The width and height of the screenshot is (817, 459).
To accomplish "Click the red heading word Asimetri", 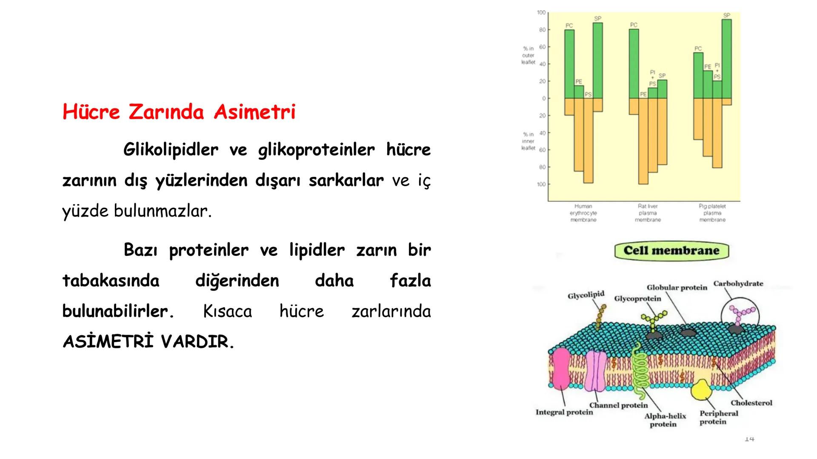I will [254, 112].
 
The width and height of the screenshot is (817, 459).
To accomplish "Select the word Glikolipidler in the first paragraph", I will [171, 150].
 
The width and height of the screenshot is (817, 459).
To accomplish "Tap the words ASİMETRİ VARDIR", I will [148, 342].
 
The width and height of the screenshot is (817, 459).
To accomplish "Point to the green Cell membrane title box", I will [671, 251].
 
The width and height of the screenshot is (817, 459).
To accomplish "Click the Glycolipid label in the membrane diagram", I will [586, 295].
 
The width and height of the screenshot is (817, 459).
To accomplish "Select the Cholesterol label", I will [751, 403].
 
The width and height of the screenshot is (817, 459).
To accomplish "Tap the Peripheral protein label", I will [718, 417].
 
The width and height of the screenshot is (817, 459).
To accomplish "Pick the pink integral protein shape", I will [560, 368].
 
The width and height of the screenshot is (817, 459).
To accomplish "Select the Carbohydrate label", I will [738, 283].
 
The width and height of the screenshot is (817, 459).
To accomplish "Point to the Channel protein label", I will [618, 405].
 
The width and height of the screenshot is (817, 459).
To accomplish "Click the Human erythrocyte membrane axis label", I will [583, 213].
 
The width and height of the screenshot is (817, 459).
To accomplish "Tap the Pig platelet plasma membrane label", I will [712, 213].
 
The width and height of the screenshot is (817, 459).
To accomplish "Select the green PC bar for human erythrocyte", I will [569, 64].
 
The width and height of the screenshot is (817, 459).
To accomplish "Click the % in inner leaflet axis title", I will [528, 141].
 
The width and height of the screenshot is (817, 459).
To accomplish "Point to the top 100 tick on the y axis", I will [541, 13].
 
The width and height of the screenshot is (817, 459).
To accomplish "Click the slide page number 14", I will [749, 438].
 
